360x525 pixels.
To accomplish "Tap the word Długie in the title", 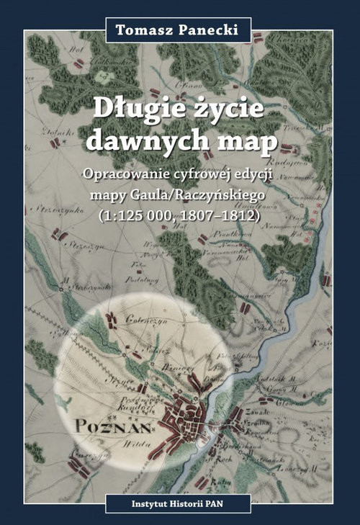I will [x=132, y=109].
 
